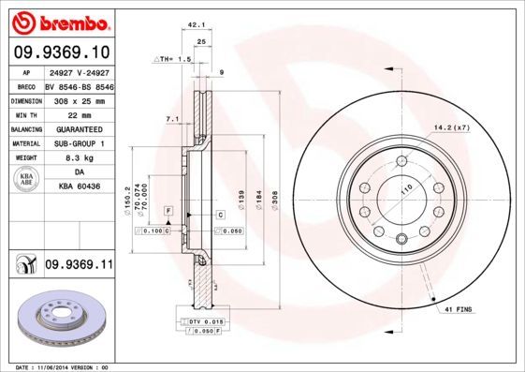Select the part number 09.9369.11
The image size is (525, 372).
[x=79, y=265]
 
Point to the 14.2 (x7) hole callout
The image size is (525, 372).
[x=449, y=127]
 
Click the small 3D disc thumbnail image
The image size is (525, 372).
[x=58, y=317]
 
